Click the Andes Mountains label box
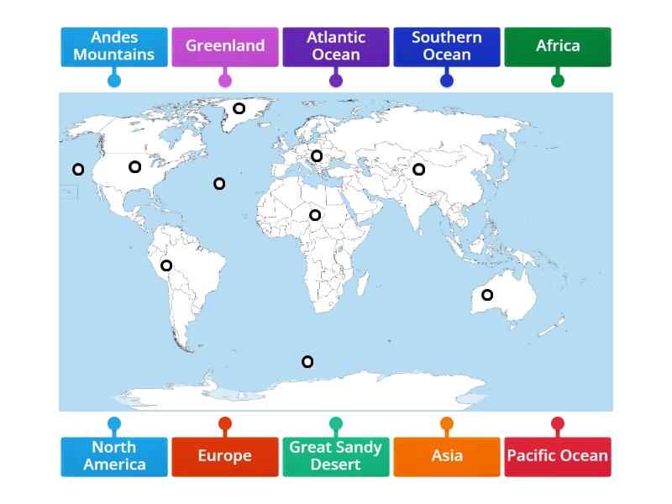[114, 46]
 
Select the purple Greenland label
[225, 46]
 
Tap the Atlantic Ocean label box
[336, 46]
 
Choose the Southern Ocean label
[447, 46]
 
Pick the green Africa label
[558, 46]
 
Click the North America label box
[114, 456]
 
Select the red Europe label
[225, 456]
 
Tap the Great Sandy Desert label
[336, 456]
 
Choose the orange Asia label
[447, 456]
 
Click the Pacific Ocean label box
[558, 456]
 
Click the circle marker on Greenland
[239, 108]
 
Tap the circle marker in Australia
[487, 295]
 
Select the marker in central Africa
[315, 215]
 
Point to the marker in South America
[166, 265]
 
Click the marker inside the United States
[134, 167]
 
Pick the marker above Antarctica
[307, 362]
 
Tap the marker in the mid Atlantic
[219, 184]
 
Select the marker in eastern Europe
[317, 156]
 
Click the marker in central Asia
[418, 170]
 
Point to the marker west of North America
[78, 170]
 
